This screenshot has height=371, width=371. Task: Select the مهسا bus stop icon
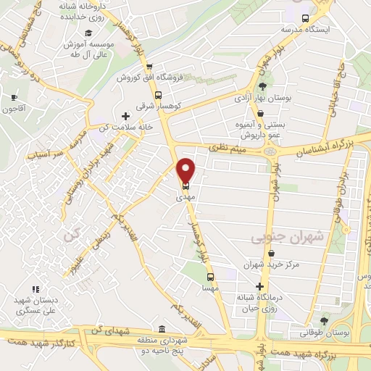210,276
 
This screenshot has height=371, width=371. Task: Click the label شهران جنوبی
277,237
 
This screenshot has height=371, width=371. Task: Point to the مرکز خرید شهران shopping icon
271,254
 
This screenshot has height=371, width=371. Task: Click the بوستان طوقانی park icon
323,320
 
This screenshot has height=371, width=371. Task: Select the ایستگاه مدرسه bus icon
306,19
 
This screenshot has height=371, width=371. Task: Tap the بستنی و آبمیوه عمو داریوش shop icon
259,113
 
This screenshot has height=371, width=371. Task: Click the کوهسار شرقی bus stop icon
158,95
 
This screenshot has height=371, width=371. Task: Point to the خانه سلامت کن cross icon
126,116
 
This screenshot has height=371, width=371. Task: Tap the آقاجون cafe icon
14,97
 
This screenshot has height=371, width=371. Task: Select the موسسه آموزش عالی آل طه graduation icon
88,33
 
